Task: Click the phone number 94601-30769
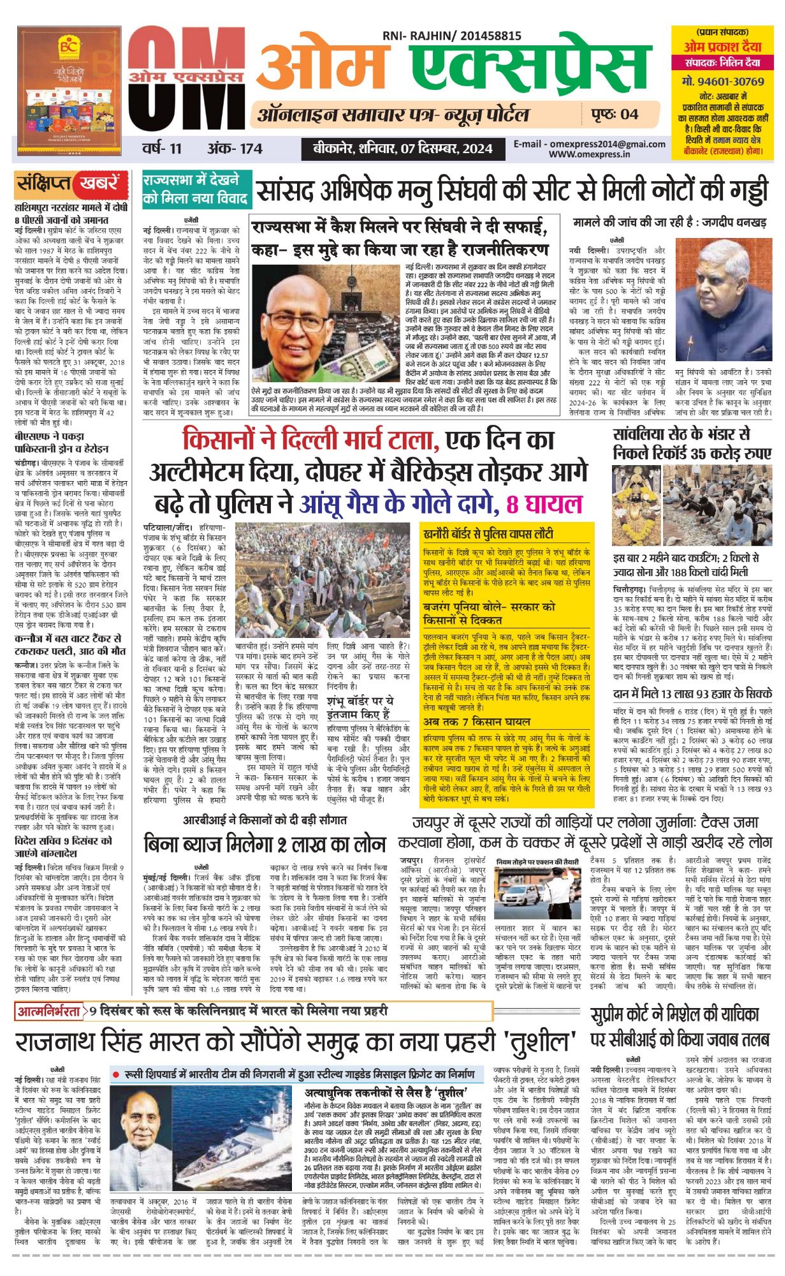click(722, 82)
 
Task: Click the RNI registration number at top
click(452, 37)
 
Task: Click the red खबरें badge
click(99, 184)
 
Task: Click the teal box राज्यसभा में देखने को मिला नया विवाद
click(195, 189)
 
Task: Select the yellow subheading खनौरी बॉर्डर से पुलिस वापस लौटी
click(488, 533)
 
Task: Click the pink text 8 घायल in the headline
click(543, 505)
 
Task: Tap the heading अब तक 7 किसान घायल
click(477, 722)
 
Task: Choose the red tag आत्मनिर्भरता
click(50, 1012)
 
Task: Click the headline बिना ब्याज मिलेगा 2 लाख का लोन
click(265, 843)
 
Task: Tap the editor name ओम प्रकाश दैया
click(722, 47)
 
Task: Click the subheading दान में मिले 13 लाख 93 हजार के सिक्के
click(692, 694)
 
